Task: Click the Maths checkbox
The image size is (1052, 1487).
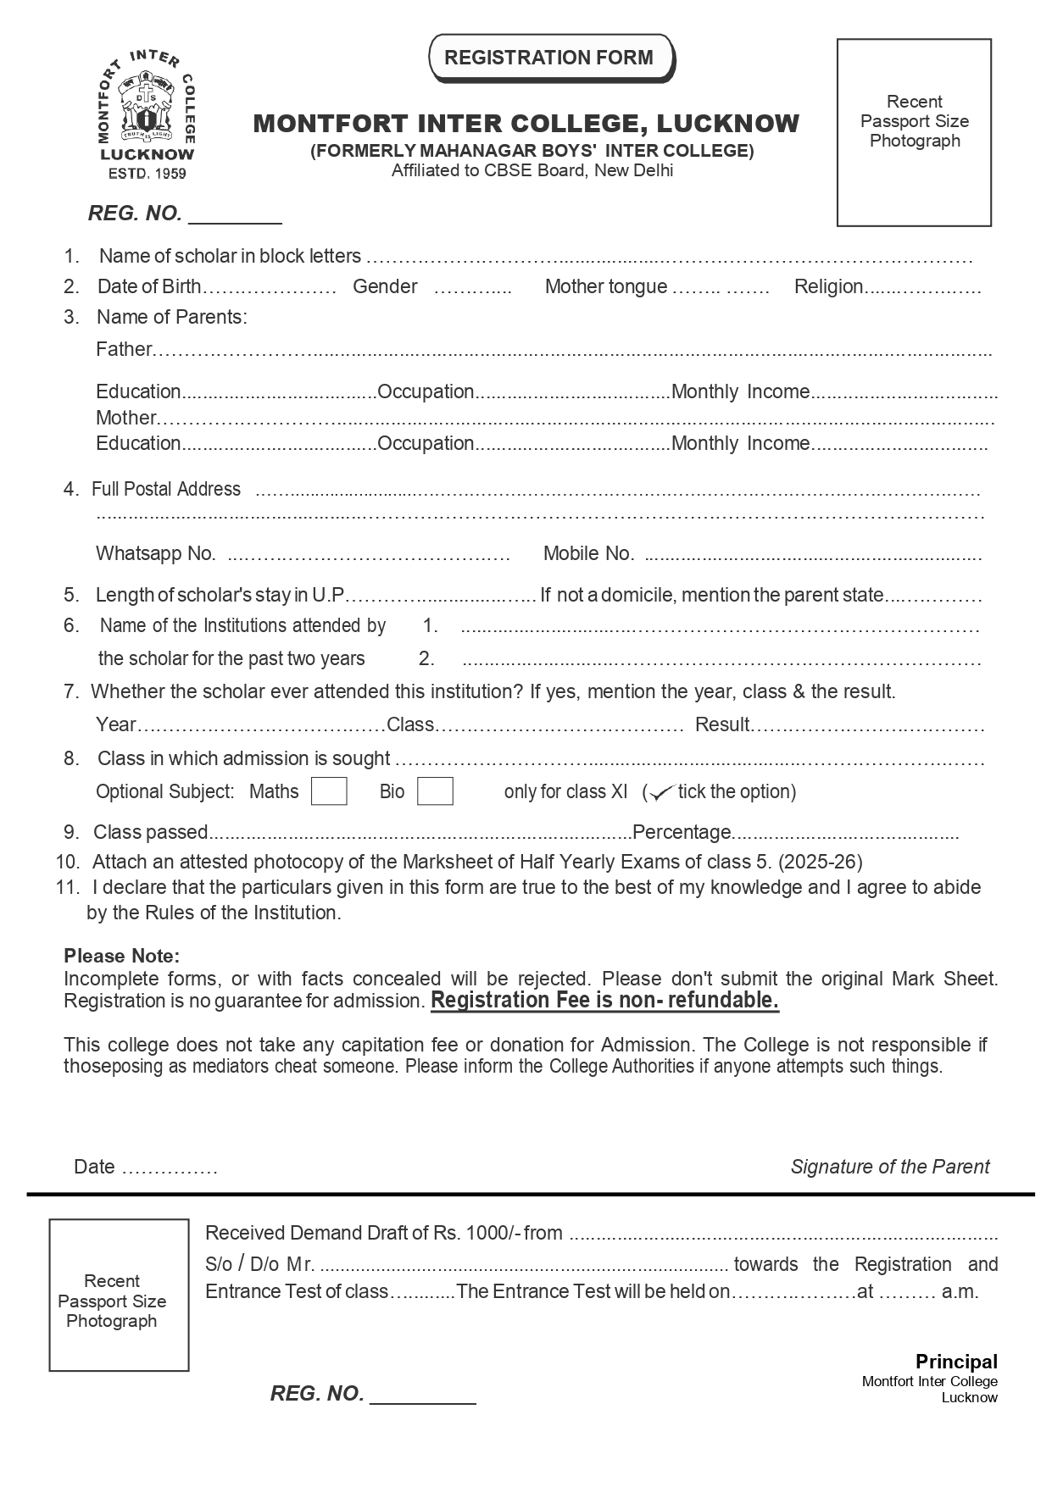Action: (329, 791)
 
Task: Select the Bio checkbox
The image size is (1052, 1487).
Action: (435, 791)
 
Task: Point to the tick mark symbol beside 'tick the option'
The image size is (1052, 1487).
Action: (660, 793)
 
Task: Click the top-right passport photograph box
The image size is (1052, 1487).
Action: (914, 132)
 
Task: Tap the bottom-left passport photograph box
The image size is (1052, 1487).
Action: (119, 1294)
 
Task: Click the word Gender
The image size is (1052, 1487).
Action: (385, 286)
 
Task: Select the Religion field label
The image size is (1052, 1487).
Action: (828, 286)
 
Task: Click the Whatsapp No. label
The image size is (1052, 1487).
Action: (155, 553)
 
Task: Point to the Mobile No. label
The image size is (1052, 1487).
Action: (588, 553)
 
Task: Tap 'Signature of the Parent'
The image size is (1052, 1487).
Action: (889, 1167)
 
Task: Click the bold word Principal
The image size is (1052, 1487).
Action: (956, 1362)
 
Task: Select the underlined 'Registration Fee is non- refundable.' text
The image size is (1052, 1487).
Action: (604, 1001)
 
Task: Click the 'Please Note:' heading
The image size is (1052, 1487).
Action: (121, 956)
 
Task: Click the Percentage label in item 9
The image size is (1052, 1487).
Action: (682, 832)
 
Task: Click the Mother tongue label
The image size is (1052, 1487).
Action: (605, 286)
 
